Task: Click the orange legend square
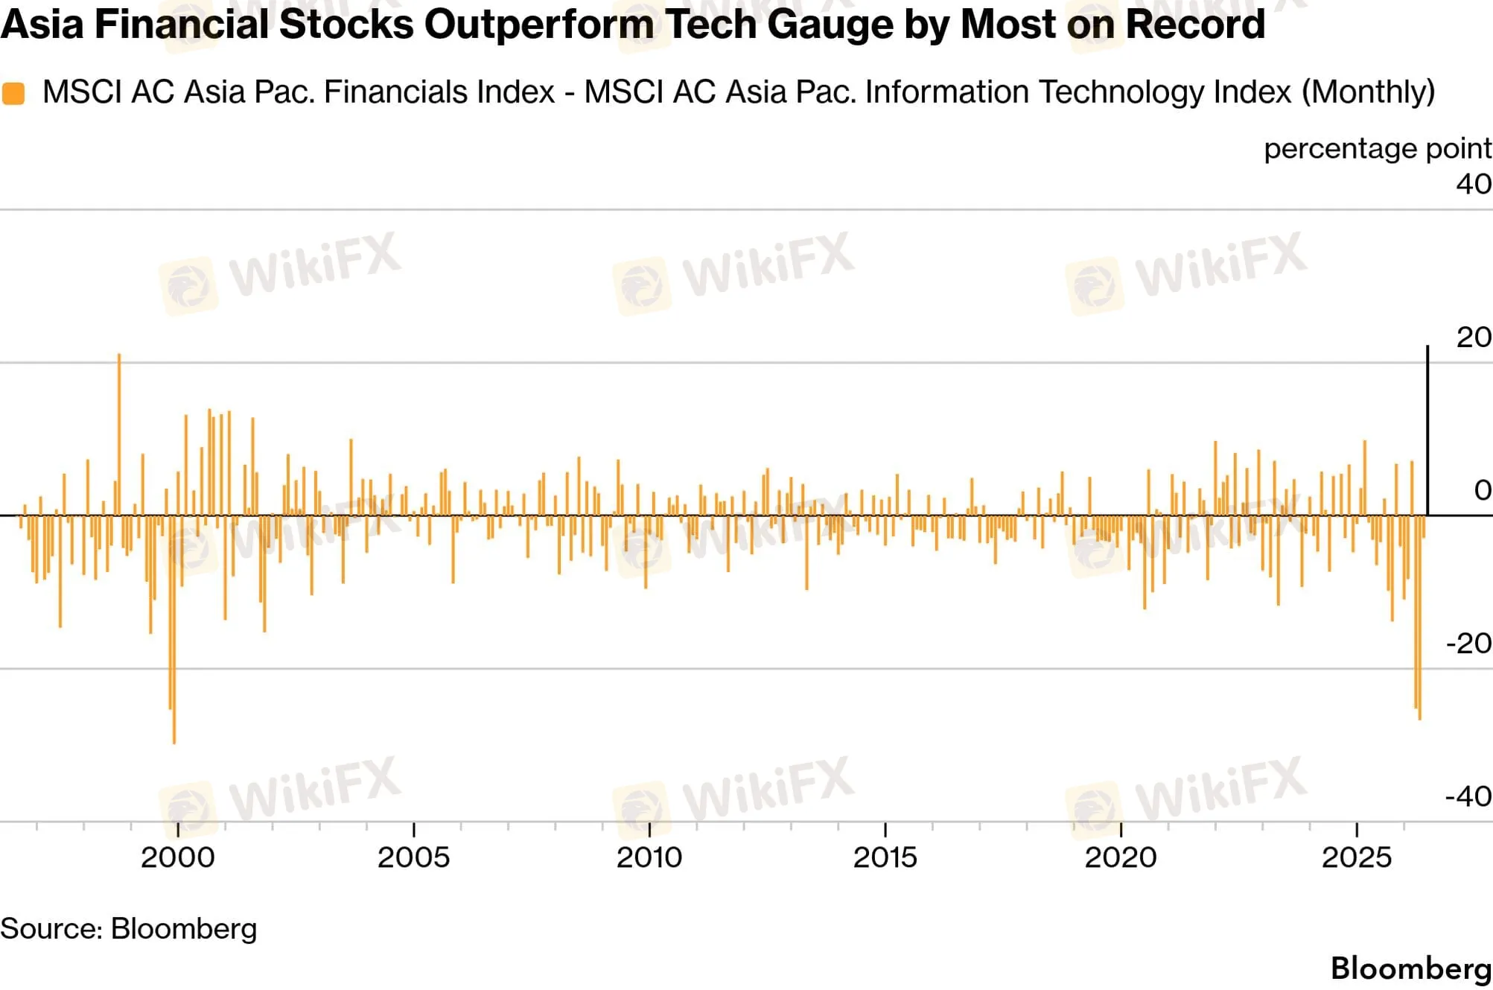(x=13, y=93)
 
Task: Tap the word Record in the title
(x=1194, y=24)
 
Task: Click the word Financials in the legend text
(x=440, y=92)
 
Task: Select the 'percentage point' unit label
(x=1378, y=148)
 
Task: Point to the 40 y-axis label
(x=1474, y=184)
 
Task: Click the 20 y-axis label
(x=1474, y=337)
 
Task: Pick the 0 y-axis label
(x=1483, y=490)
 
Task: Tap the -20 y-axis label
(x=1468, y=643)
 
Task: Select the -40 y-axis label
(x=1468, y=796)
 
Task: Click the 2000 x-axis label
(x=177, y=857)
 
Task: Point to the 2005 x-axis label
(x=413, y=857)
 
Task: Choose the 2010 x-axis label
(x=649, y=857)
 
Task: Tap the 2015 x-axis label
(x=885, y=857)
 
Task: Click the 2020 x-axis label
(x=1121, y=857)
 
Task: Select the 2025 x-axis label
(x=1357, y=857)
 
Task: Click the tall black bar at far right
(x=1427, y=431)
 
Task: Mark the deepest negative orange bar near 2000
(x=174, y=629)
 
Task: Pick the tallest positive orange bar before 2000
(x=119, y=434)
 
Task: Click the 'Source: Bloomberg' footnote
(x=128, y=929)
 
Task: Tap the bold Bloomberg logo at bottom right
(x=1411, y=968)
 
